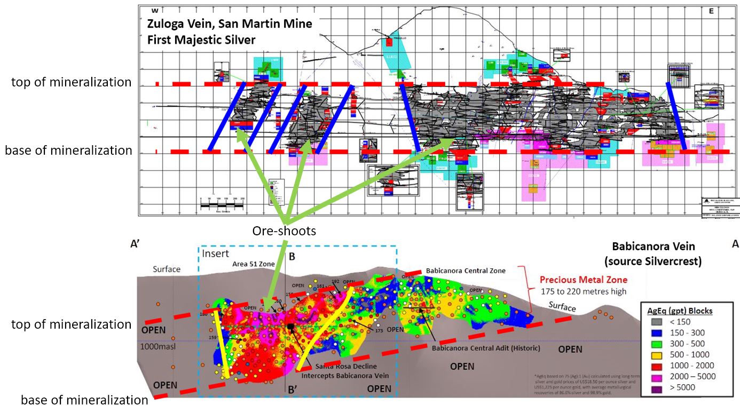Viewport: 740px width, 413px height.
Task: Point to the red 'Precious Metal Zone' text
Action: (x=584, y=280)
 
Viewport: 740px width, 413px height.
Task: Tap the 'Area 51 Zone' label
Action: (x=254, y=264)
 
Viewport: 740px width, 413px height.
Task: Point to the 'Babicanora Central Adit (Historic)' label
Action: (x=486, y=348)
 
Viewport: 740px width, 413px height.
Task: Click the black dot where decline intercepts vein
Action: (x=290, y=325)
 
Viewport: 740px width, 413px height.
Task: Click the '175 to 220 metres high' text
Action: (x=584, y=291)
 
